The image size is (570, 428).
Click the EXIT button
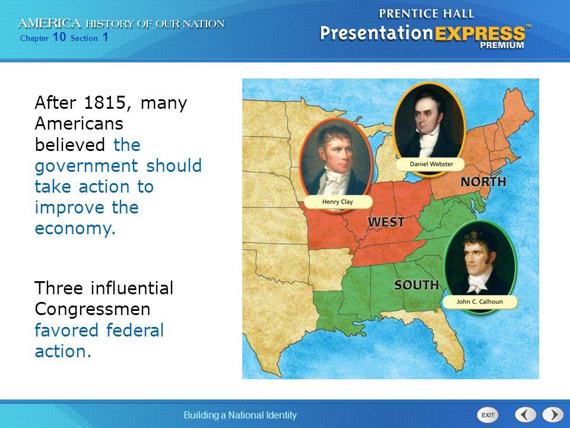click(x=489, y=414)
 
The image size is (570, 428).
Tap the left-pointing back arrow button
click(x=525, y=414)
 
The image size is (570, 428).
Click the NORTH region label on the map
click(x=483, y=181)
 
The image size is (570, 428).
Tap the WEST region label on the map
click(x=386, y=222)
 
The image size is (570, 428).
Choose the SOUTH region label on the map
click(x=417, y=285)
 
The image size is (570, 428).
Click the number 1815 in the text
click(x=104, y=103)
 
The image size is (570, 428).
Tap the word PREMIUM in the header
click(x=503, y=45)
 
